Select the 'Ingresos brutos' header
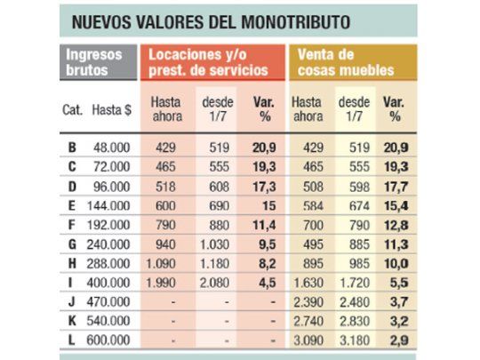pos(95,62)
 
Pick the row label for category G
pos(71,244)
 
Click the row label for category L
pos(71,340)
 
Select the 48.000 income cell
pos(111,148)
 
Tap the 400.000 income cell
pos(111,283)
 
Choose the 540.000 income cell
pos(111,320)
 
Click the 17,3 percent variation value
pos(264,186)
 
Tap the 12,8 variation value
pos(394,224)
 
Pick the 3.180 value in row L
pos(355,340)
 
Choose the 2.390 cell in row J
pos(307,301)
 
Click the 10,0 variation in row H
pos(394,263)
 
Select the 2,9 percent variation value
pos(395,340)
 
